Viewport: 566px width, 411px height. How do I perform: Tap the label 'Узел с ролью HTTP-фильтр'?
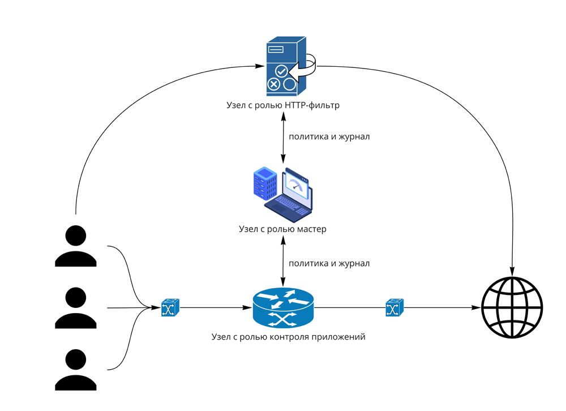click(x=283, y=105)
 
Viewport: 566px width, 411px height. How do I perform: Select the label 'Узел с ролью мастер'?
click(x=282, y=229)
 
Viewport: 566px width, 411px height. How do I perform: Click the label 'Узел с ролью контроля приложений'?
click(x=289, y=337)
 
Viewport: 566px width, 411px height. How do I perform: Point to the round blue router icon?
click(x=283, y=308)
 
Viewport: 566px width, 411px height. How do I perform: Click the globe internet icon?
click(x=512, y=308)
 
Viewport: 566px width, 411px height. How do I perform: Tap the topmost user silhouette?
click(x=76, y=246)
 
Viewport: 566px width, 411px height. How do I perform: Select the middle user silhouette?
click(x=76, y=308)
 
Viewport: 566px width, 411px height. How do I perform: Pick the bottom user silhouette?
click(x=76, y=370)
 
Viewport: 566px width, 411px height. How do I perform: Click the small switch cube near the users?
click(x=170, y=308)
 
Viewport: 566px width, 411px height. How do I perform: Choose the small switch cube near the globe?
click(x=395, y=308)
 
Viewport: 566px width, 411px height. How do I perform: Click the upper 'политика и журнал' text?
click(x=329, y=137)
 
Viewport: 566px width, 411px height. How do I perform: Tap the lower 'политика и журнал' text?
click(x=329, y=264)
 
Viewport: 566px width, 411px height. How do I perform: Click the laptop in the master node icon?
click(x=289, y=195)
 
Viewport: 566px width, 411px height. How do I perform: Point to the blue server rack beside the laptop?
click(x=265, y=183)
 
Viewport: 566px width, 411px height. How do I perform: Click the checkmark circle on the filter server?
click(x=281, y=71)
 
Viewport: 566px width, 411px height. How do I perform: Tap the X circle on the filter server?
click(x=273, y=84)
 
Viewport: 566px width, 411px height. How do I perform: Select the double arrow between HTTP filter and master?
click(x=283, y=138)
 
